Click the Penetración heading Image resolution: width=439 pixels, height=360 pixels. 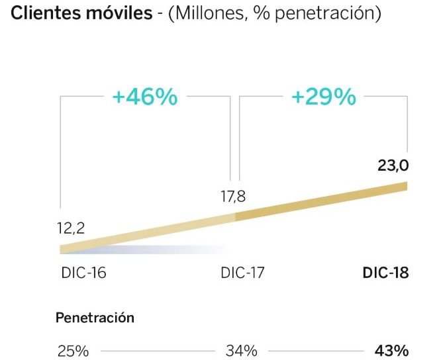click(95, 318)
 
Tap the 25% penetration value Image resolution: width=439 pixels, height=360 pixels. click(72, 350)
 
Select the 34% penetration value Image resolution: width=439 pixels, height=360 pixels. click(241, 350)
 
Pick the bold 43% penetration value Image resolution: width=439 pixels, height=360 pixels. click(391, 350)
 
